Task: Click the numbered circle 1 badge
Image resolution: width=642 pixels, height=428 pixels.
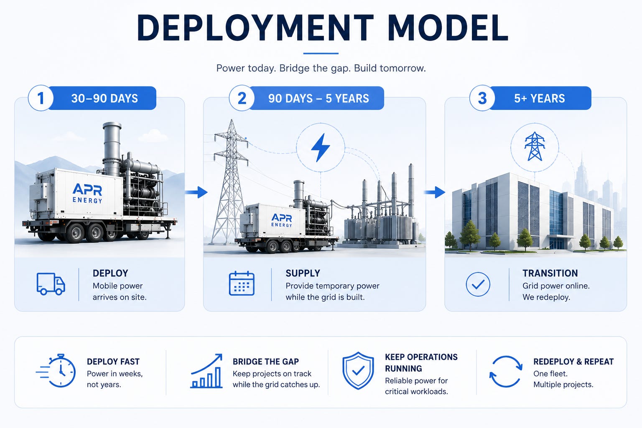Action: point(41,98)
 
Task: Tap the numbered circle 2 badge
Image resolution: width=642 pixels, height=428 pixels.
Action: point(242,98)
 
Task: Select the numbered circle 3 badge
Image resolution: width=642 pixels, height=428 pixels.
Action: point(482,98)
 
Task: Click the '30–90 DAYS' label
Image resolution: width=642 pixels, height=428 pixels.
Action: point(104,98)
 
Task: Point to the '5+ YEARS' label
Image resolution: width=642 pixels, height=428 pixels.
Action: point(540,98)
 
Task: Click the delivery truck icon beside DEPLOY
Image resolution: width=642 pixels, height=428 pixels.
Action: point(51,284)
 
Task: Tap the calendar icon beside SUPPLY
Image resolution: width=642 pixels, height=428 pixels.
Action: point(242,283)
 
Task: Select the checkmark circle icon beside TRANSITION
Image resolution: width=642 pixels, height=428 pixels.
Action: point(478,284)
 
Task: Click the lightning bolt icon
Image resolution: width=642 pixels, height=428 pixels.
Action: point(321,148)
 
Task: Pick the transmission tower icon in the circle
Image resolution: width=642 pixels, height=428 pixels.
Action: point(535,146)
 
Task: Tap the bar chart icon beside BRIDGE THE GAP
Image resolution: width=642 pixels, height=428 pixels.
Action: point(206,371)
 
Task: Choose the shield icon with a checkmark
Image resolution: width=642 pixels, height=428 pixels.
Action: point(358,370)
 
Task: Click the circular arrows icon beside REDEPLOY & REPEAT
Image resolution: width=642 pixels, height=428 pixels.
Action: point(506,372)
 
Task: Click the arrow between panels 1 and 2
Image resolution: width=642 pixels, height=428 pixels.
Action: point(196,192)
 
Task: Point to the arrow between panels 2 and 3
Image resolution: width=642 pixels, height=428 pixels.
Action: point(435,192)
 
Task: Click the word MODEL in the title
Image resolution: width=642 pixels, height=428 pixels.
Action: point(449,28)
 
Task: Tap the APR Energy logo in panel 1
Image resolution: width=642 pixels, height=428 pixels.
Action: point(87,194)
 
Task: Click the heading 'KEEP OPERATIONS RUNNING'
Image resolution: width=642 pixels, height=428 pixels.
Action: point(421,363)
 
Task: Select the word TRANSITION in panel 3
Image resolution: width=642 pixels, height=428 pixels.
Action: point(550,273)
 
